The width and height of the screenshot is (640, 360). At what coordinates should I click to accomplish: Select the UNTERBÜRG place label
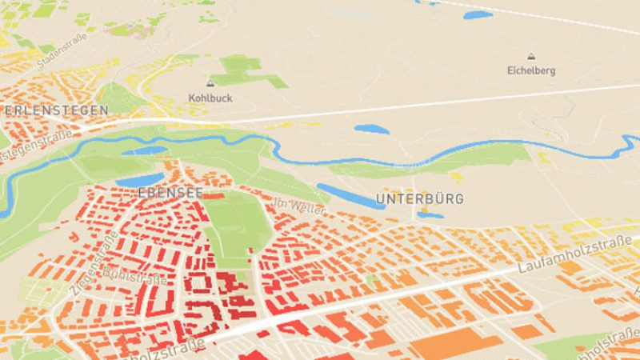[x=419, y=198]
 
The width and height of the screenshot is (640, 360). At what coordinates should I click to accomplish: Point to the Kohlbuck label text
[x=210, y=98]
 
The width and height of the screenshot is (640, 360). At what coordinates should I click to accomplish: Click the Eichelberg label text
[x=530, y=70]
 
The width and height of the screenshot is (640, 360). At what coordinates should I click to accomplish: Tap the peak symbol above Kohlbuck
[x=210, y=83]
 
